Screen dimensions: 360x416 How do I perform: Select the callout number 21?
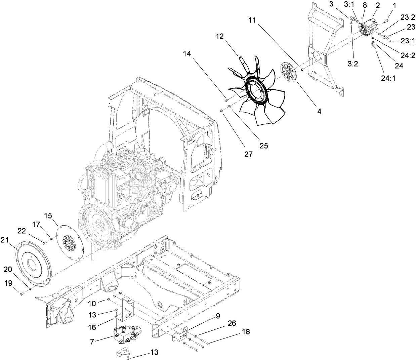pyautogui.click(x=13, y=240)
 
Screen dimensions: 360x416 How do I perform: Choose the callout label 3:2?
pyautogui.click(x=353, y=64)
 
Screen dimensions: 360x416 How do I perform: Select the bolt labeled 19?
pyautogui.click(x=22, y=294)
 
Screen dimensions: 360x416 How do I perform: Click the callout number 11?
pyautogui.click(x=253, y=21)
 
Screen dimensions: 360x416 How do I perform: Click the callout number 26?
pyautogui.click(x=232, y=324)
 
